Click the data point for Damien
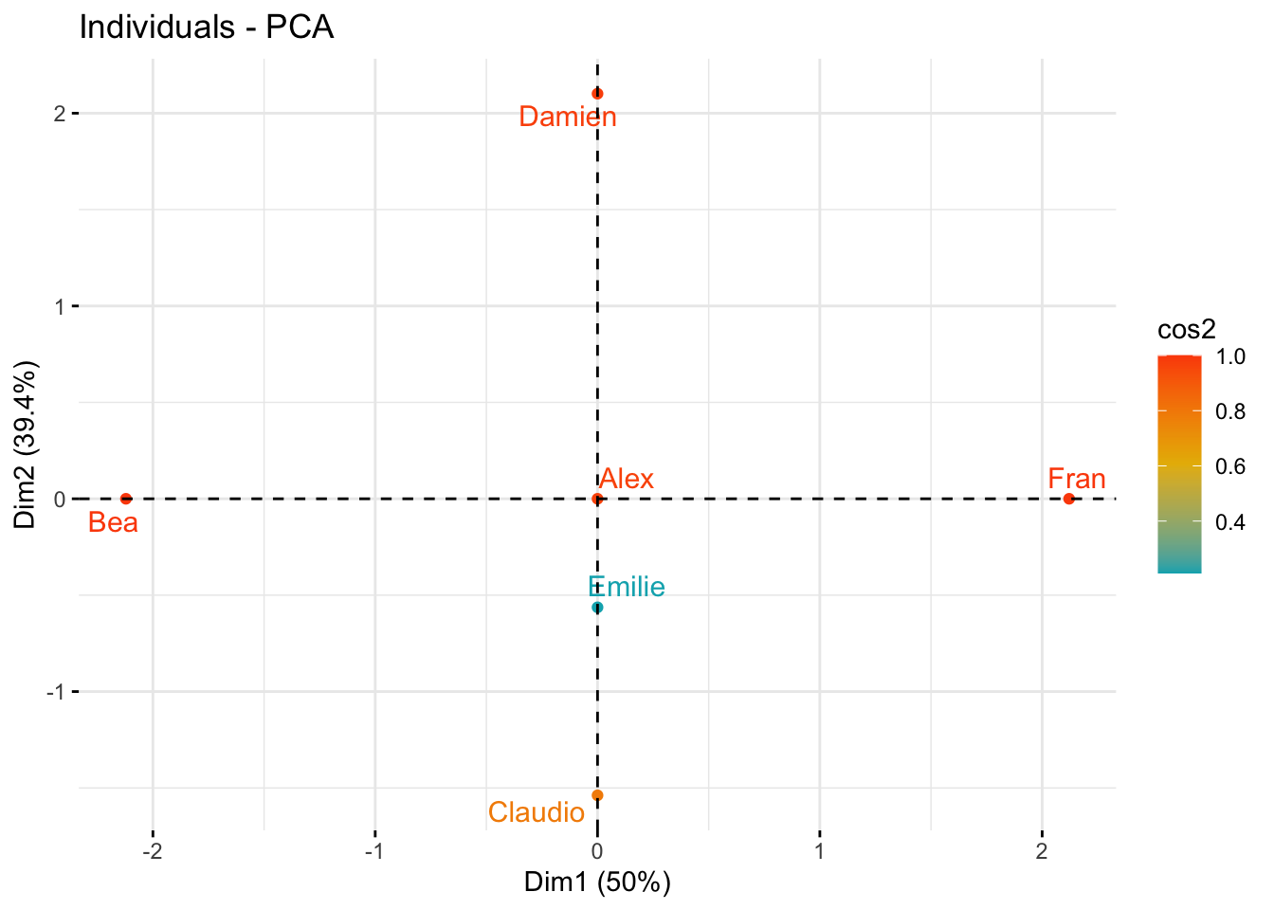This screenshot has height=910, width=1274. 597,94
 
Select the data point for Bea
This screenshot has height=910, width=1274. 126,499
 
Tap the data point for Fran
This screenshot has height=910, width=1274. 1068,499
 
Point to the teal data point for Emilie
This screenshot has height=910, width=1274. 597,608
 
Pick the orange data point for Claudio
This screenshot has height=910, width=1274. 597,795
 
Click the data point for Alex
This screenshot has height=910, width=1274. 597,499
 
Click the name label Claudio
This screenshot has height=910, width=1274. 537,812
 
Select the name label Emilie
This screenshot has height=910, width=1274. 627,587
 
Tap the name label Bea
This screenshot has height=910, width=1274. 113,522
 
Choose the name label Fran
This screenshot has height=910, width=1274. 1077,479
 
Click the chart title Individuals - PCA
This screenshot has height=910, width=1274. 207,27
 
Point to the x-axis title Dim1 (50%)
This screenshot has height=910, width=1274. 597,883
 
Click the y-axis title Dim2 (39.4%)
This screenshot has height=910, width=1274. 26,445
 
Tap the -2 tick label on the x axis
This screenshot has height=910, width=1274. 152,850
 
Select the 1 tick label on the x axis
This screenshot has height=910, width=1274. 820,850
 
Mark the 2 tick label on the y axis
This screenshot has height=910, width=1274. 60,114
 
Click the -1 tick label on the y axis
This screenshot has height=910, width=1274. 56,692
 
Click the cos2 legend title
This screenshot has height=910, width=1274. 1187,329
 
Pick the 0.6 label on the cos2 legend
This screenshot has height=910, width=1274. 1230,466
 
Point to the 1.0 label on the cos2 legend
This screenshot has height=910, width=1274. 1230,356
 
